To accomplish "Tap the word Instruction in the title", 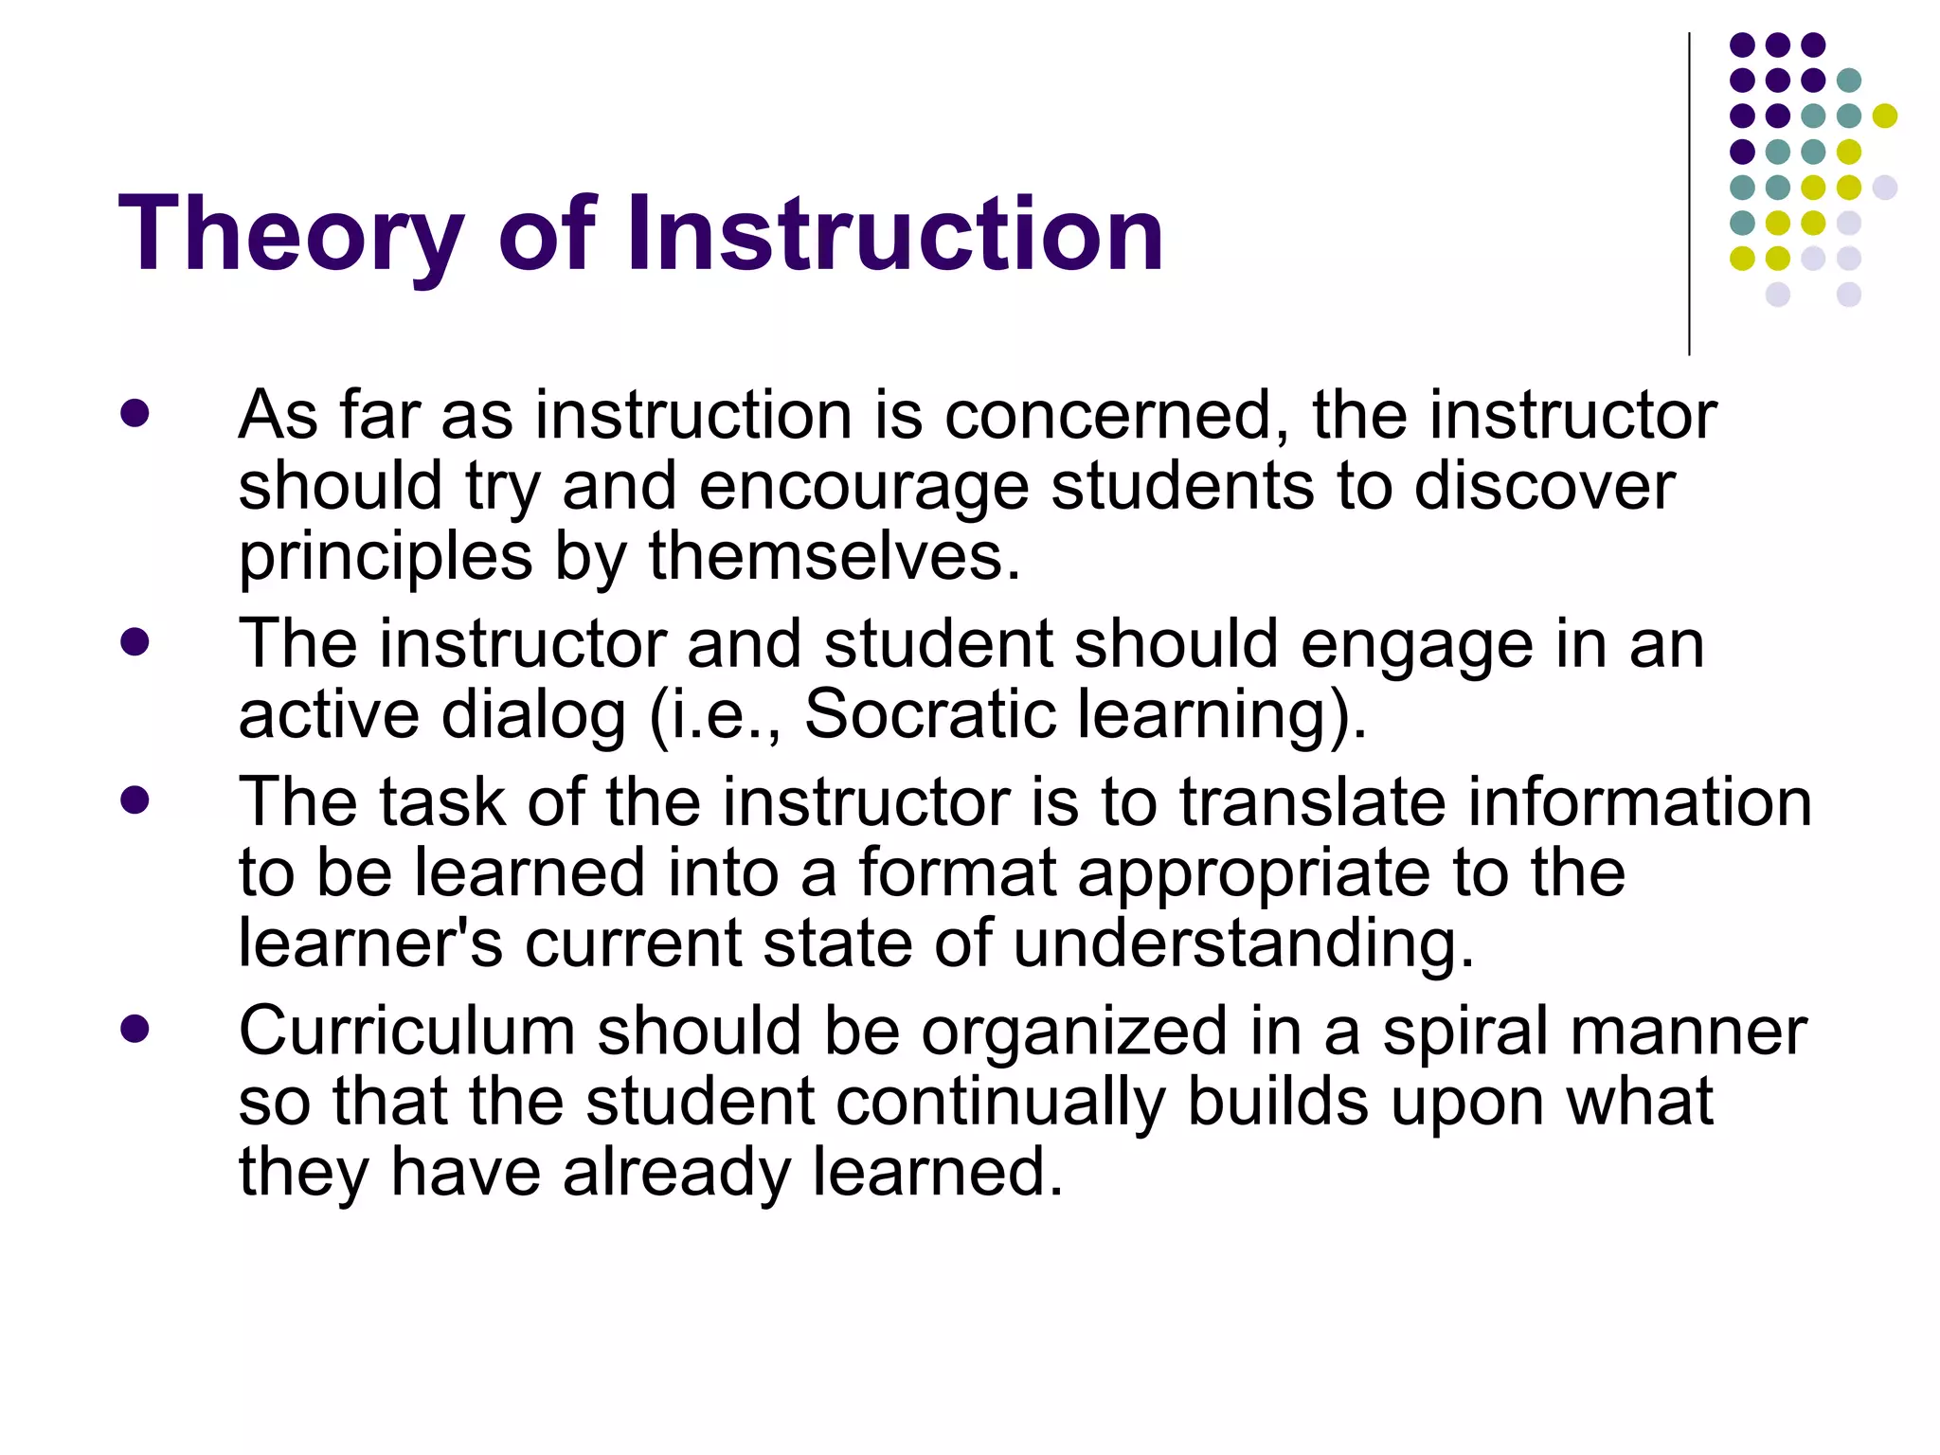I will [x=894, y=233].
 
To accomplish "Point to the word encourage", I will [x=863, y=487].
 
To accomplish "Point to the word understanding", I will [x=1244, y=943].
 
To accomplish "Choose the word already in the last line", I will [x=676, y=1173].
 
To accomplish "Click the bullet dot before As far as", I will [x=135, y=413].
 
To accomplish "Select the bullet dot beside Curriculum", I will [x=135, y=1029].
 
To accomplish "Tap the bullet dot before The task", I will [x=135, y=799].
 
